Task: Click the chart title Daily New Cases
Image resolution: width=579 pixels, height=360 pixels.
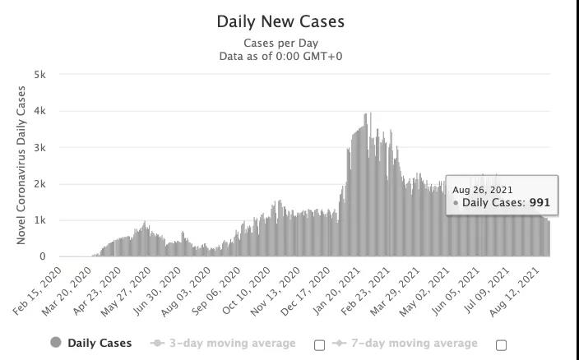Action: [x=280, y=21]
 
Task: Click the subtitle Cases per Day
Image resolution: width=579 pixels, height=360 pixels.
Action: [x=280, y=43]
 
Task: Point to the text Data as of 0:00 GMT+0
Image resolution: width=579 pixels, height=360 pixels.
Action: [x=280, y=56]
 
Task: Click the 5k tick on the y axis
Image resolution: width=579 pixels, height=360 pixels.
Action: [x=39, y=75]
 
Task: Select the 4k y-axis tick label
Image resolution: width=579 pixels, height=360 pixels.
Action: [x=39, y=111]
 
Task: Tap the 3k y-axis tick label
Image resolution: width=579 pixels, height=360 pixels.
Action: [x=39, y=148]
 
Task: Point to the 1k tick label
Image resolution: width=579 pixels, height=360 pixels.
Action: [x=39, y=220]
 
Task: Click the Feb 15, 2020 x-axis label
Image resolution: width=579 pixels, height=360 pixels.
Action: [x=39, y=291]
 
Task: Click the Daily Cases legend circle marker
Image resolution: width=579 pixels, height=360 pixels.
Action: [x=56, y=343]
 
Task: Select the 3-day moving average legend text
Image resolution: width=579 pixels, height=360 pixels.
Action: [x=232, y=343]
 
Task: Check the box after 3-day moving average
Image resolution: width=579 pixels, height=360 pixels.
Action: [x=320, y=345]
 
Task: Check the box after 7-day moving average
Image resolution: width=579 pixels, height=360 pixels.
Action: [x=501, y=345]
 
